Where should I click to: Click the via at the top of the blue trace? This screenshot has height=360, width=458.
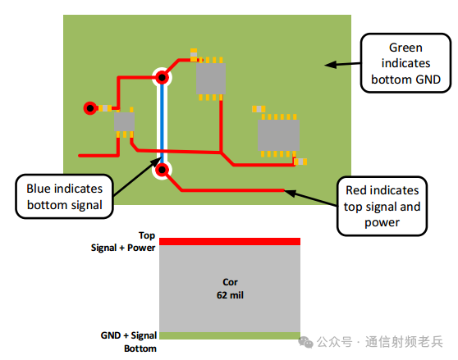click(x=163, y=78)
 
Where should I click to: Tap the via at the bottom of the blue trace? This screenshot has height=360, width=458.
click(x=163, y=170)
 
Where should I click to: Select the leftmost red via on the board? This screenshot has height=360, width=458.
click(x=89, y=107)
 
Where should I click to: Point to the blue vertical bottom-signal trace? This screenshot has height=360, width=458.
click(x=163, y=123)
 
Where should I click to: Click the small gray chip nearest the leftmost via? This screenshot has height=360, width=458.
click(x=124, y=123)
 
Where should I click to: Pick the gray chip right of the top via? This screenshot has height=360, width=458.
click(x=211, y=78)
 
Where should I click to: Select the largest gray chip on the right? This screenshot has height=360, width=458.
click(x=278, y=134)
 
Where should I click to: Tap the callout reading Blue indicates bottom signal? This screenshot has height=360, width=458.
click(x=64, y=195)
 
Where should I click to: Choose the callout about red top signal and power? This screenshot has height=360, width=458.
click(x=382, y=206)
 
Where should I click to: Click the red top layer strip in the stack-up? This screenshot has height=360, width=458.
click(x=230, y=241)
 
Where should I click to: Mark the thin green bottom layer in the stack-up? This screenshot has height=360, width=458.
click(x=230, y=335)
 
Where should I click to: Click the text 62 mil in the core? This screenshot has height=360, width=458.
click(x=230, y=294)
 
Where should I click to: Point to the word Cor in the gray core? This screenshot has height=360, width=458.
click(x=230, y=281)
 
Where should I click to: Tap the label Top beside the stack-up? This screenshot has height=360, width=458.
click(x=146, y=235)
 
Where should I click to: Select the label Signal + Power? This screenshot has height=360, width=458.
click(x=123, y=246)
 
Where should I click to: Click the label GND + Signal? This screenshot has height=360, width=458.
click(x=126, y=335)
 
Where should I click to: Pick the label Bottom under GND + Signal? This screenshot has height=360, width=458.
click(x=140, y=348)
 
